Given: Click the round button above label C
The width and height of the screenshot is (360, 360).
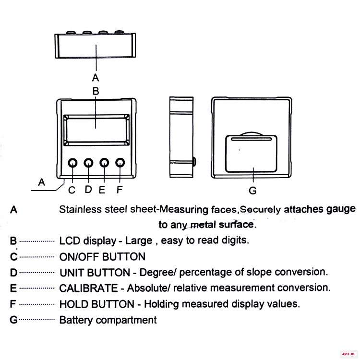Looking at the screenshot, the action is click(x=72, y=163).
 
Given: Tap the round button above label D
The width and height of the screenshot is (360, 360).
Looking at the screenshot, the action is click(x=88, y=163).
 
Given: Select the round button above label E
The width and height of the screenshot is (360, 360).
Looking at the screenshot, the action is click(x=104, y=163).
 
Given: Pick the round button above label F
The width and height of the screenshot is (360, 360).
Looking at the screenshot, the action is click(x=120, y=163).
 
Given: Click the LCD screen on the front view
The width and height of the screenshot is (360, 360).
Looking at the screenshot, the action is click(x=96, y=130).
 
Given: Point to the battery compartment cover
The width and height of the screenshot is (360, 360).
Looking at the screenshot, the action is click(x=251, y=154).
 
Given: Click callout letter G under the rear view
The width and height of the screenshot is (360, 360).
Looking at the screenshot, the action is click(x=252, y=191).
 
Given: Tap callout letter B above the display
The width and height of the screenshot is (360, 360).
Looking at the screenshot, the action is click(x=96, y=91).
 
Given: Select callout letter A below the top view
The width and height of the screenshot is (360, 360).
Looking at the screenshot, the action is click(x=96, y=78).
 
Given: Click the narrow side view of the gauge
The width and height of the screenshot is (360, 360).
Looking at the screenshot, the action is click(x=181, y=137).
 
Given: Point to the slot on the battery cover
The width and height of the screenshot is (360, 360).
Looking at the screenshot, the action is click(x=251, y=139).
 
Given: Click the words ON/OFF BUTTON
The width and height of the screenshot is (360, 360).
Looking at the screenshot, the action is click(x=102, y=257).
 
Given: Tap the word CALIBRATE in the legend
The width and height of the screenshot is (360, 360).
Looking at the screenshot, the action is click(x=89, y=288).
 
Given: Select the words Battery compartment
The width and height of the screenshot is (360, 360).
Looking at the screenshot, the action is click(x=108, y=320).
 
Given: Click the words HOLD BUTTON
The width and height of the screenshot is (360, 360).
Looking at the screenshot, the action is click(x=97, y=304).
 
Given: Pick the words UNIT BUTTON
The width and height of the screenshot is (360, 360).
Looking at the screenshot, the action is click(x=95, y=273).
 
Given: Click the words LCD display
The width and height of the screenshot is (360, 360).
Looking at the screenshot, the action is click(x=88, y=241).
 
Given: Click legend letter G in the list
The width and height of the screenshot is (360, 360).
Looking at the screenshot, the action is click(x=13, y=320).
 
